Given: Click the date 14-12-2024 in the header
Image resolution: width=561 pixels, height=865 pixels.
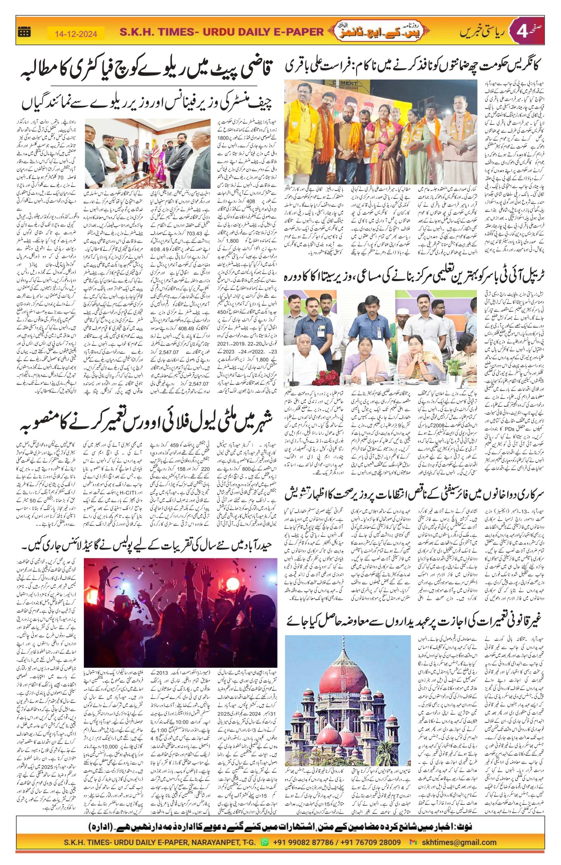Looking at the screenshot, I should pyautogui.click(x=76, y=34).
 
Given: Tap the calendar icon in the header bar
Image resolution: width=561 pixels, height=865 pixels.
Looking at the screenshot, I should pyautogui.click(x=25, y=32).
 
